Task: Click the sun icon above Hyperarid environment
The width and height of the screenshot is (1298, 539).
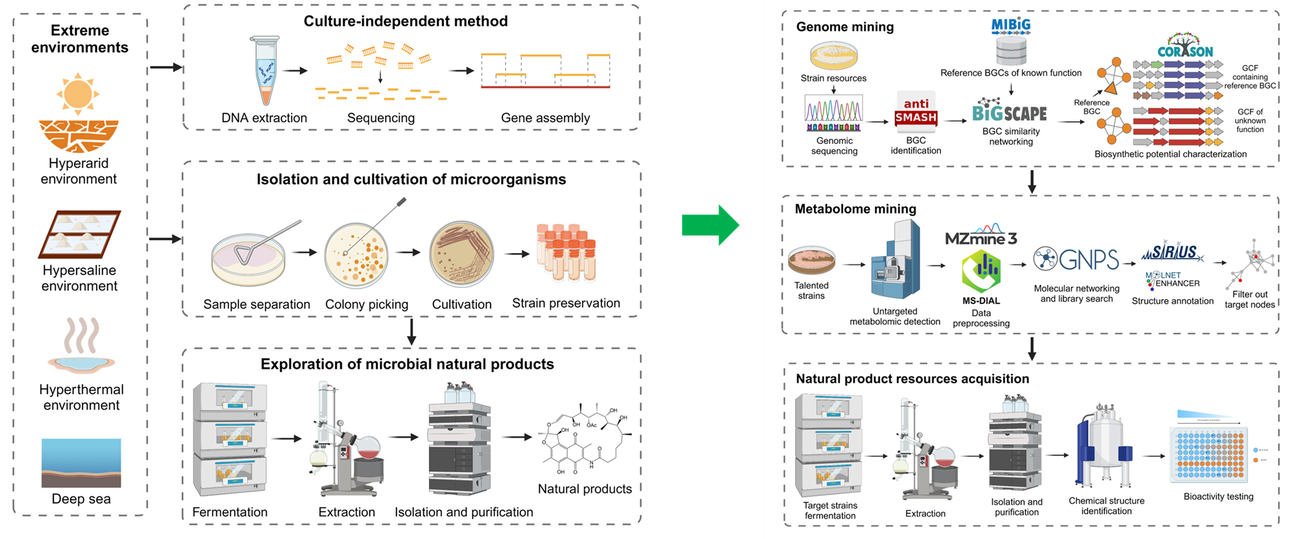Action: [78, 93]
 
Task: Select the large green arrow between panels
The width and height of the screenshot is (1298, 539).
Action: [710, 225]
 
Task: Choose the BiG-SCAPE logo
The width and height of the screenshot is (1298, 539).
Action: [1009, 112]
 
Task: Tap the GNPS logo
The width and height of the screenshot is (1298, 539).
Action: [1077, 259]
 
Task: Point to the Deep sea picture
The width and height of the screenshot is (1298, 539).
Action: [81, 462]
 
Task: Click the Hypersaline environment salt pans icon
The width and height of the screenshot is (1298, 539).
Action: [79, 234]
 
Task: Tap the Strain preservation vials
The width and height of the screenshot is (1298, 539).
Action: [566, 253]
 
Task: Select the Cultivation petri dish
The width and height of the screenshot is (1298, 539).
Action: [461, 254]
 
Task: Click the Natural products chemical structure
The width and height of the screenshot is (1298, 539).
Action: [585, 441]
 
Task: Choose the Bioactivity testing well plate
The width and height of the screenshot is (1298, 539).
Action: [1208, 454]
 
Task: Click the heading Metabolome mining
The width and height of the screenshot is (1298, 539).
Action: [855, 209]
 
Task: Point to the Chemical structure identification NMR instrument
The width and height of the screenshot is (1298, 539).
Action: [1105, 448]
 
